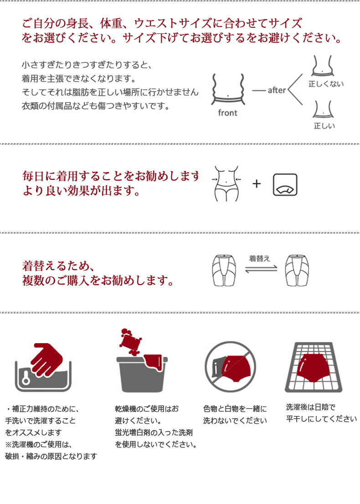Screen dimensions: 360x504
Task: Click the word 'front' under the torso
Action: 227,113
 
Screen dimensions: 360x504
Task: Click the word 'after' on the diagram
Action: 277,90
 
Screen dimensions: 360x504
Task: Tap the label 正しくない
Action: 326,84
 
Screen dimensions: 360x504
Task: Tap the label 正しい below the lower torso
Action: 324,126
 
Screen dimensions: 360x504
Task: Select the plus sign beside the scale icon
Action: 256,183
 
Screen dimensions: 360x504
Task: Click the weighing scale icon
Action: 285,185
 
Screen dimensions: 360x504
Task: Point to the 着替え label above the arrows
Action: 259,259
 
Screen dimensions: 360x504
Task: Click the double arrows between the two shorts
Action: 261,269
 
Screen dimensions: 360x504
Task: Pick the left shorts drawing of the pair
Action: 224,270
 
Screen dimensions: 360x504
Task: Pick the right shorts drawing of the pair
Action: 297,270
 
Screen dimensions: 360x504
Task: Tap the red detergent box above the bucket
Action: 130,342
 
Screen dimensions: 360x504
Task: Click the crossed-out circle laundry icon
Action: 230,367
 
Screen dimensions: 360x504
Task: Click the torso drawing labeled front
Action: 228,89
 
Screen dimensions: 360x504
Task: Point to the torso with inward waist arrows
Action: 226,184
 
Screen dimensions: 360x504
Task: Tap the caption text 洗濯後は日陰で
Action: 310,407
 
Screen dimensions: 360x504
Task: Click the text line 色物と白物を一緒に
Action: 235,409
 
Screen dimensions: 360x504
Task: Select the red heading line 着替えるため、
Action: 58,266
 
